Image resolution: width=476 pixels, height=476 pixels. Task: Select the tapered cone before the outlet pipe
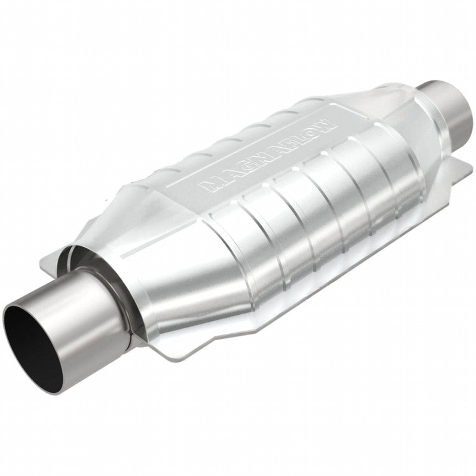click(409, 121)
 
